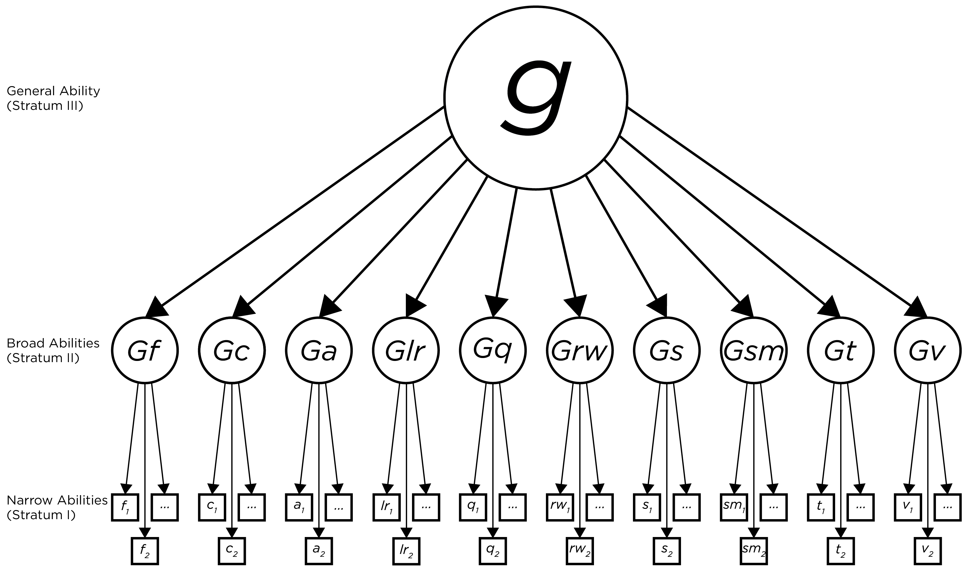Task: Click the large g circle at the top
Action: [536, 98]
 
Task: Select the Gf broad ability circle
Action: [145, 350]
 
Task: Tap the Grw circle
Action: [580, 350]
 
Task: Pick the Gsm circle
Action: [753, 350]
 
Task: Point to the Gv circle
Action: [927, 350]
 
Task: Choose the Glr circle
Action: [406, 350]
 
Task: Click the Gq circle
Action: [493, 350]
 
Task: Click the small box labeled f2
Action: [145, 551]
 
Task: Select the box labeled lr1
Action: [386, 507]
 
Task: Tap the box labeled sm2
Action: [753, 551]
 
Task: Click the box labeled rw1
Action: [560, 507]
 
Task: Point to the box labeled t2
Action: [840, 551]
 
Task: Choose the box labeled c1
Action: [212, 507]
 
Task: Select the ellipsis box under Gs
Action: [686, 507]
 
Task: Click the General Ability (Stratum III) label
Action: [53, 98]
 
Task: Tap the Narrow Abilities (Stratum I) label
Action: [57, 507]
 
